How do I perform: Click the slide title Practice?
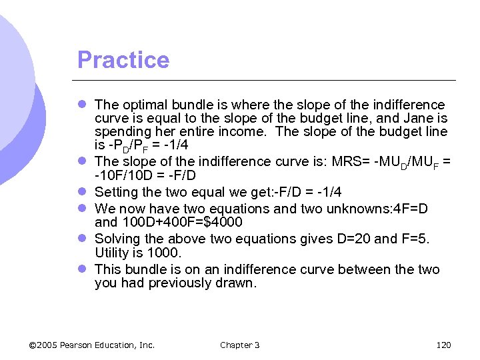(x=123, y=60)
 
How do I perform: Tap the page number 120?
(x=443, y=345)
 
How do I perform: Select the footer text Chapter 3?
(x=239, y=345)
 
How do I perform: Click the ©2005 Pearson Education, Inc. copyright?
(x=92, y=345)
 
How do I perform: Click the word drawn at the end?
(x=237, y=283)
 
